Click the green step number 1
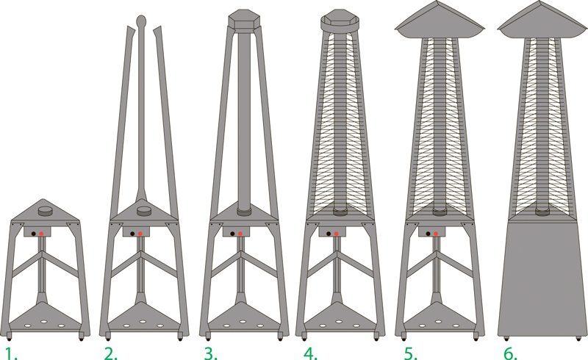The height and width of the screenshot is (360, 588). (11, 353)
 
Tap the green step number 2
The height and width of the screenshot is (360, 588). (111, 353)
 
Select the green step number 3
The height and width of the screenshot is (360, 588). (211, 353)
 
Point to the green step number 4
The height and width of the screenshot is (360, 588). (310, 353)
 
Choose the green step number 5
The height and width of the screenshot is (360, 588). (411, 353)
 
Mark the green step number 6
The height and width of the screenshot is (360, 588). (510, 353)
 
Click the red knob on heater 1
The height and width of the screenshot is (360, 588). (41, 234)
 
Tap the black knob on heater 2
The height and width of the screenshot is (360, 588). (132, 234)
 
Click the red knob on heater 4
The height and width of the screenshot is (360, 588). (337, 234)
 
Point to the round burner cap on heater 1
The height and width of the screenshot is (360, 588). (46, 210)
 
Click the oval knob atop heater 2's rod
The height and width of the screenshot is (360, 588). (140, 21)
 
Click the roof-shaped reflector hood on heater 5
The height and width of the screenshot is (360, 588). (440, 21)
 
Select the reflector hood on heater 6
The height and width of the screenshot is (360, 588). (542, 21)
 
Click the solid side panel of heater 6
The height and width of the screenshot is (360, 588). (542, 278)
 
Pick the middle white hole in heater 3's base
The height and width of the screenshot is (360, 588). (243, 322)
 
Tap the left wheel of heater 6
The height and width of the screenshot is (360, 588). (506, 339)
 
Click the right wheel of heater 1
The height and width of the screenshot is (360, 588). (81, 337)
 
